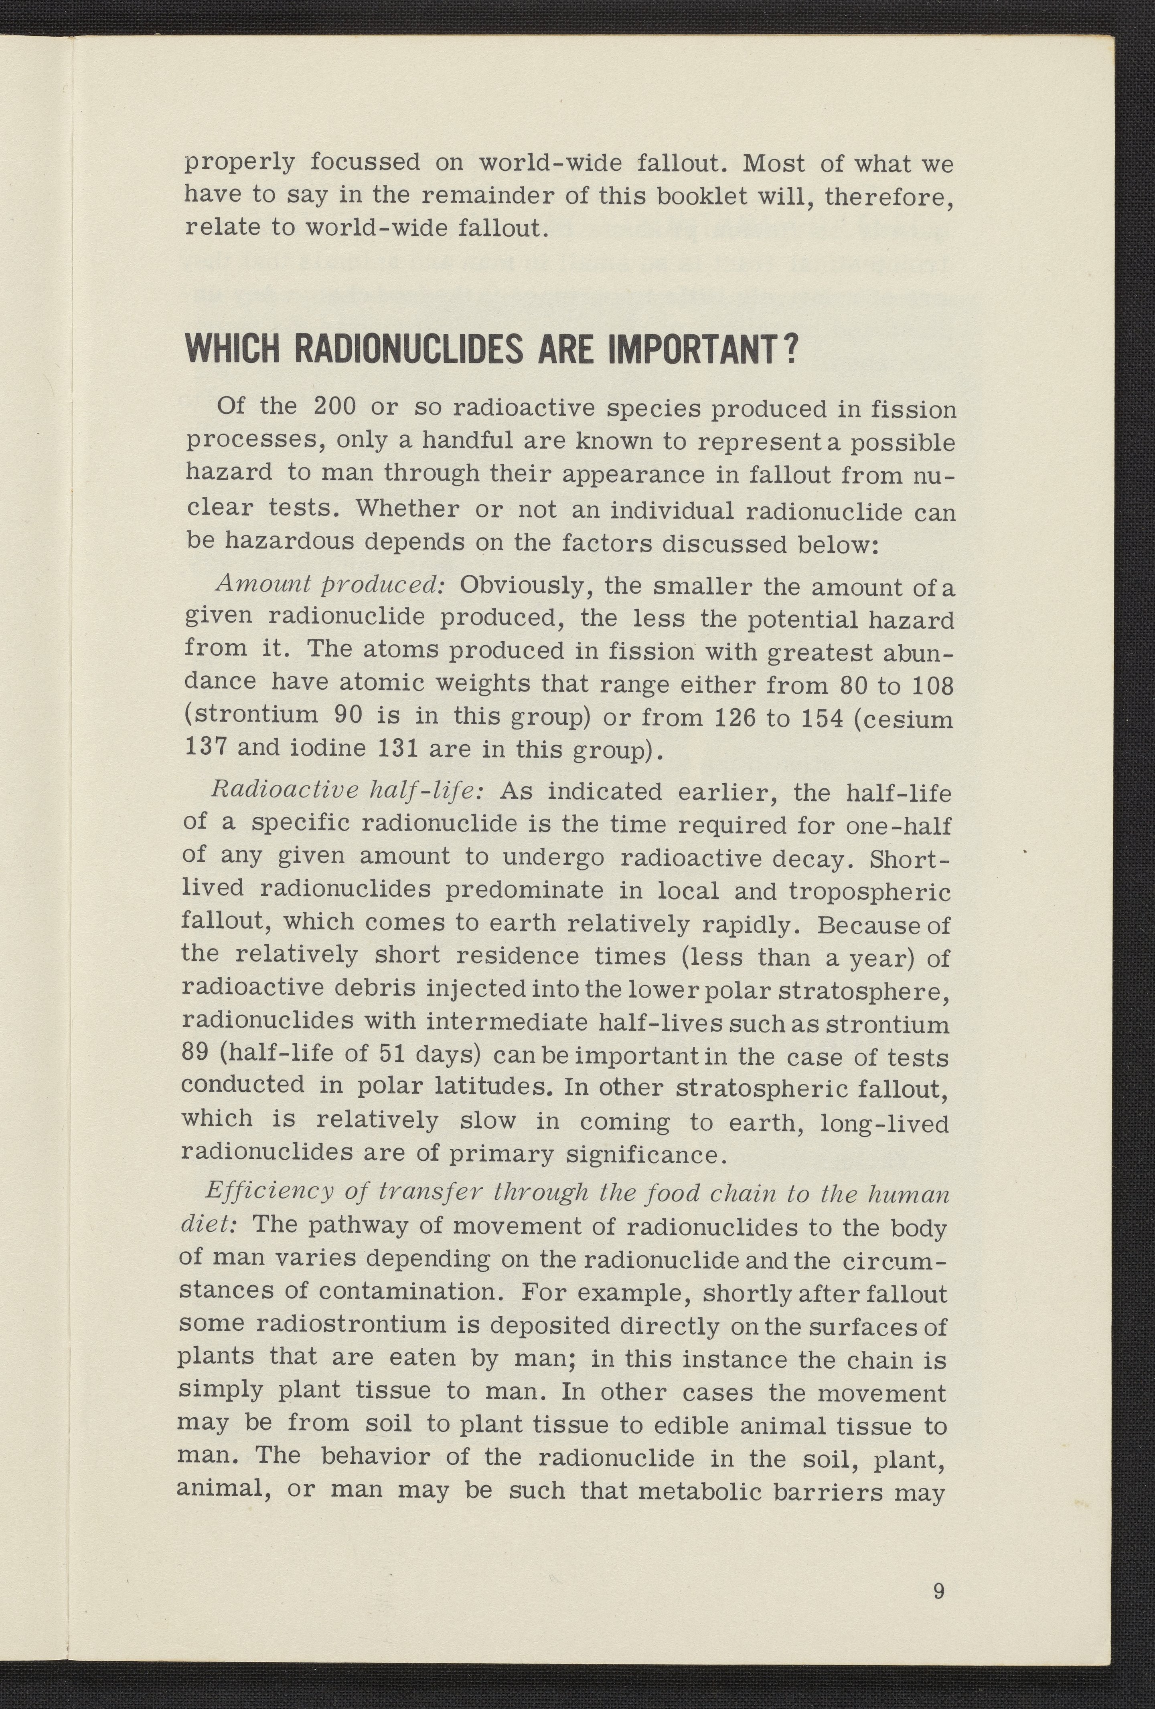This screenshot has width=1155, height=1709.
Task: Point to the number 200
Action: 335,406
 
